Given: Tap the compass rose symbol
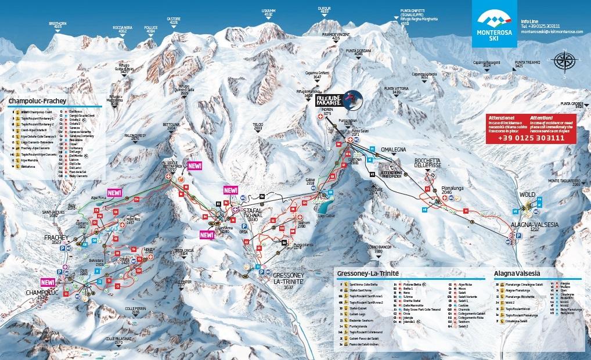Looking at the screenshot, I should (x=563, y=60).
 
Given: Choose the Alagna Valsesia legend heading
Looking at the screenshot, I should (x=517, y=273).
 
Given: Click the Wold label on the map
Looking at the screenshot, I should (x=527, y=195).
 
